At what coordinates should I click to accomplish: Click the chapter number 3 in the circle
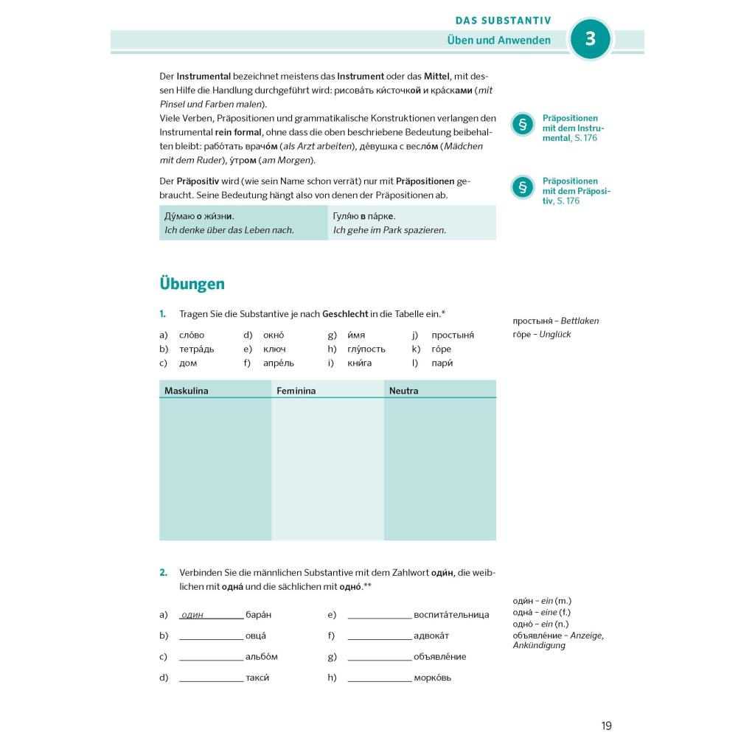pyautogui.click(x=590, y=38)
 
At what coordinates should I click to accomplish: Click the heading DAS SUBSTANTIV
pyautogui.click(x=503, y=21)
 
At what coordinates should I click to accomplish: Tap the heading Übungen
pyautogui.click(x=192, y=284)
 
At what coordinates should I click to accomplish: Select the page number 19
pyautogui.click(x=606, y=726)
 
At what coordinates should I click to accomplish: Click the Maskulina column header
pyautogui.click(x=187, y=391)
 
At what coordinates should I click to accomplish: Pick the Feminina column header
pyautogui.click(x=296, y=391)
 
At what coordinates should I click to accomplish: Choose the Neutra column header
pyautogui.click(x=403, y=391)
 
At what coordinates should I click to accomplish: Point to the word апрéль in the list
pyautogui.click(x=278, y=363)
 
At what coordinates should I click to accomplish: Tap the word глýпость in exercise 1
pyautogui.click(x=366, y=349)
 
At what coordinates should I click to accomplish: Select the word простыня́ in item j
pyautogui.click(x=452, y=335)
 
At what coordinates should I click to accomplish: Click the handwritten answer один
pyautogui.click(x=192, y=615)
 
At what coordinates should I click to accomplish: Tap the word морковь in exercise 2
pyautogui.click(x=433, y=678)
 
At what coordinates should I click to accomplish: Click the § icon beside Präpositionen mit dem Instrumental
pyautogui.click(x=522, y=125)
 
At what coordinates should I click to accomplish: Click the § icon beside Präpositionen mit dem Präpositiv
pyautogui.click(x=522, y=187)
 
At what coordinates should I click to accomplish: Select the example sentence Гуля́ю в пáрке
pyautogui.click(x=364, y=216)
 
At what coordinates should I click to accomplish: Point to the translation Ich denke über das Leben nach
pyautogui.click(x=229, y=230)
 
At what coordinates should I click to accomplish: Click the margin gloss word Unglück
pyautogui.click(x=555, y=335)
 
